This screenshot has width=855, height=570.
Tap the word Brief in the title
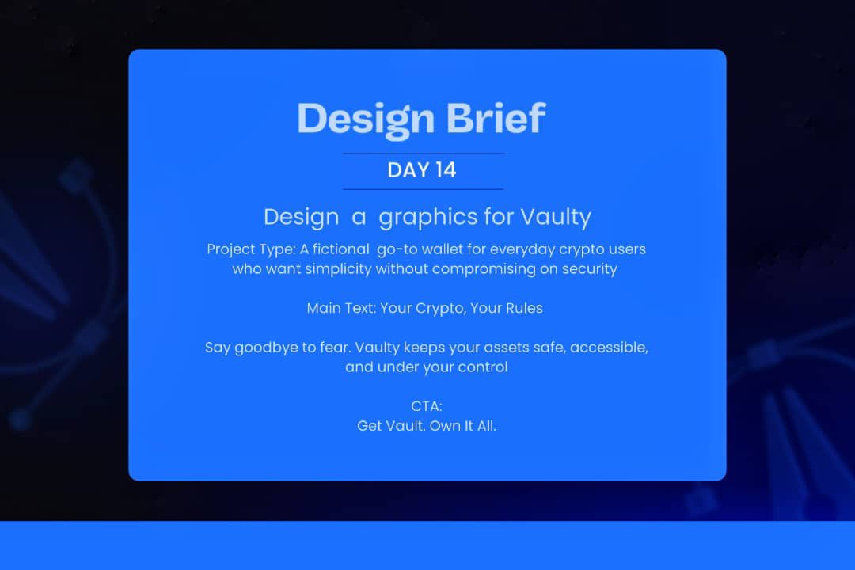(496, 118)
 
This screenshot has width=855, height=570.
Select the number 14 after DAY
(443, 170)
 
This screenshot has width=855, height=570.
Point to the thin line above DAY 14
(423, 153)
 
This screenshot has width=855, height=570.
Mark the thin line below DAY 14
(423, 189)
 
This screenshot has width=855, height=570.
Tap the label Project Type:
(251, 249)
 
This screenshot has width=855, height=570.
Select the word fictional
(343, 249)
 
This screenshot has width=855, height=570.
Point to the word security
(587, 269)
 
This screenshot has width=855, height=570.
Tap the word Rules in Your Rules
(523, 309)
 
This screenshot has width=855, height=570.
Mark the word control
(482, 367)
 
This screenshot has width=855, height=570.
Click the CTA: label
(426, 406)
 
